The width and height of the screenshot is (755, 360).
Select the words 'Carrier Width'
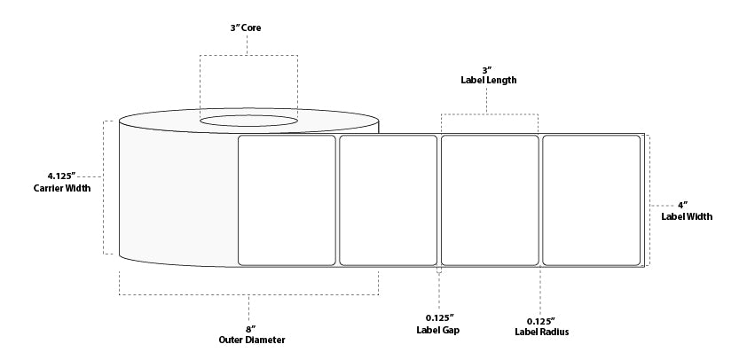pyautogui.click(x=62, y=188)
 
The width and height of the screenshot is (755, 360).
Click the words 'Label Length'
pyautogui.click(x=488, y=80)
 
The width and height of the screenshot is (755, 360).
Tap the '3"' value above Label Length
pyautogui.click(x=488, y=68)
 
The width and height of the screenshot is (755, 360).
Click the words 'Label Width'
pyautogui.click(x=687, y=216)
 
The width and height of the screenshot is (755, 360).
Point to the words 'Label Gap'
pyautogui.click(x=438, y=330)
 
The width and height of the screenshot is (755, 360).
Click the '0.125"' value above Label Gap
pyautogui.click(x=438, y=317)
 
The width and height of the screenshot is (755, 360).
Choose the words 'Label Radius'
pyautogui.click(x=541, y=332)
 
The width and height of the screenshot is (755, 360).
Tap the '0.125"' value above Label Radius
pyautogui.click(x=541, y=319)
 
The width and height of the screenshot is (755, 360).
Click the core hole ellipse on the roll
pyautogui.click(x=248, y=120)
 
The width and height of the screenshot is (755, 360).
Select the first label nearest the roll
pyautogui.click(x=287, y=200)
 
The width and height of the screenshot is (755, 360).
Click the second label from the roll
pyautogui.click(x=389, y=200)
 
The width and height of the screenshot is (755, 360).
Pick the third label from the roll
pyautogui.click(x=490, y=200)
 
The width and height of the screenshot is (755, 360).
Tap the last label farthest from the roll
pyautogui.click(x=591, y=200)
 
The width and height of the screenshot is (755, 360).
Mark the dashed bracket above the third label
pyautogui.click(x=490, y=114)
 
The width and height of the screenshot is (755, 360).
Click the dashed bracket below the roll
pyautogui.click(x=248, y=293)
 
